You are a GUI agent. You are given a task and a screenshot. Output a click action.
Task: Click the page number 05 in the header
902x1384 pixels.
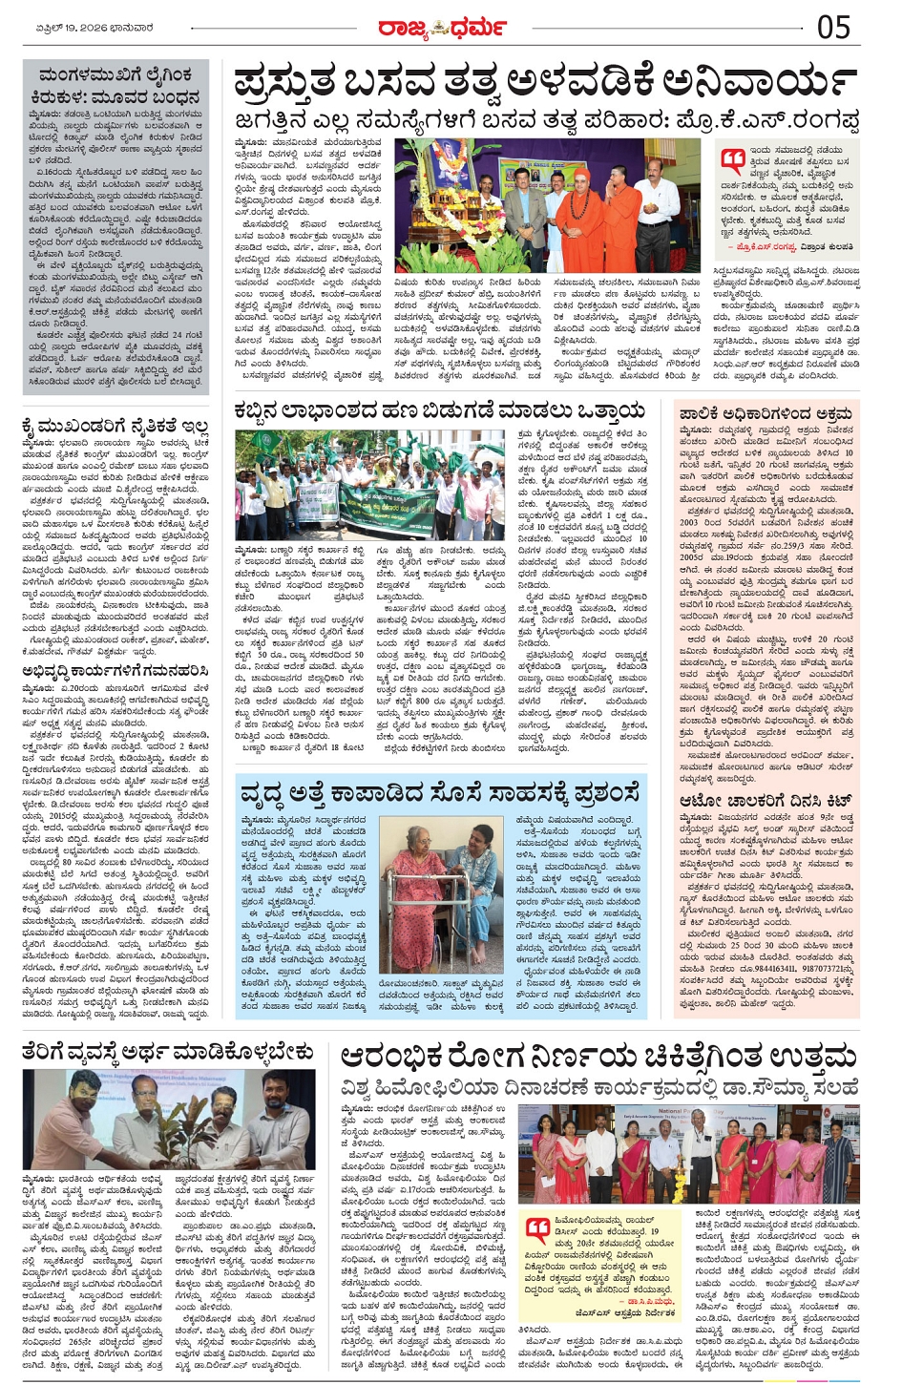[833, 27]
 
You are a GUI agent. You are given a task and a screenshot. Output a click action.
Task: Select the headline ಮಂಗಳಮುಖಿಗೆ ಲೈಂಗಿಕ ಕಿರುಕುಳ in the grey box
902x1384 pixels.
[115, 85]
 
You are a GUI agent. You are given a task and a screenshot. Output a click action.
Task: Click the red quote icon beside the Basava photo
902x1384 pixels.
[733, 159]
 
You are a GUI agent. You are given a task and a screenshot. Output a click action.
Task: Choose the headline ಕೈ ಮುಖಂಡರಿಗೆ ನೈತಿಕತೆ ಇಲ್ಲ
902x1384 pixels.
[115, 426]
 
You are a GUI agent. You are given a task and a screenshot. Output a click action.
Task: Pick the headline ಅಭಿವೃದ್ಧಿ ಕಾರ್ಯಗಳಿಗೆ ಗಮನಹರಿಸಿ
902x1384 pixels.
[115, 671]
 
